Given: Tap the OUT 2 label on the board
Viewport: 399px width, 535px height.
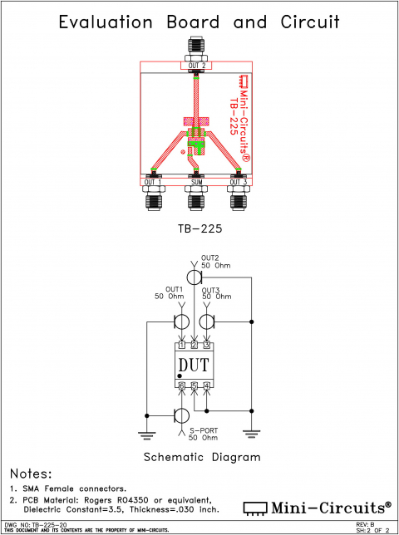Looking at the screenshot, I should point(196,66).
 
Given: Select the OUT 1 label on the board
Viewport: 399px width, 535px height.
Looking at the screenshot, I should point(153,182).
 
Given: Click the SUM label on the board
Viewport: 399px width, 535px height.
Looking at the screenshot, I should point(196,182).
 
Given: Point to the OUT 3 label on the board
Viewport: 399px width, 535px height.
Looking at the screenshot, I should point(239,182).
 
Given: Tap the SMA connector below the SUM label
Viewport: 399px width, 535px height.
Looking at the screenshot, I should point(196,200).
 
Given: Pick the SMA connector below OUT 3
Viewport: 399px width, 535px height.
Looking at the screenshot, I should point(239,200).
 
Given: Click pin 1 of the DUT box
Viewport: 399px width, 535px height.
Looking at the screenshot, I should point(181,345).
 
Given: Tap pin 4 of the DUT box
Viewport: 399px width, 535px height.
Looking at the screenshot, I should point(207,385).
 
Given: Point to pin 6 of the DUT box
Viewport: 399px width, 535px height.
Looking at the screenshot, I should point(181,385).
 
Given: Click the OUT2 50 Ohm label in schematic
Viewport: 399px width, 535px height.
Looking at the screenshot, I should point(215,262).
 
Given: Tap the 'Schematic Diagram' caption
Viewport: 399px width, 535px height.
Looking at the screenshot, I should point(202,457).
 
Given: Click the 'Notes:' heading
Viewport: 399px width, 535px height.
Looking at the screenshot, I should point(32,473).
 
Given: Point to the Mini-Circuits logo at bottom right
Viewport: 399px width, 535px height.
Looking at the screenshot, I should point(317,506).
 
